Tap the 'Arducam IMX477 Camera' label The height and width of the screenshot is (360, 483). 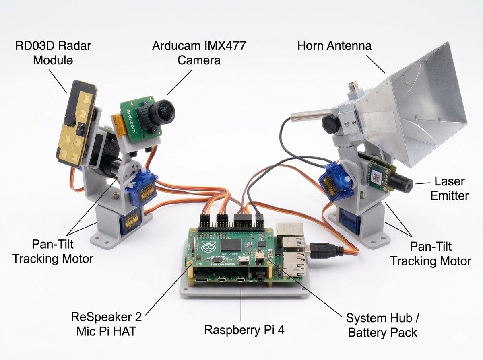click(x=199, y=53)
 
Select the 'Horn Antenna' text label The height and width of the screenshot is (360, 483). click(x=334, y=46)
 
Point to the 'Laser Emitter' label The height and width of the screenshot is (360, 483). click(x=449, y=188)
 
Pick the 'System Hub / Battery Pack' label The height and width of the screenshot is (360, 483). click(x=382, y=325)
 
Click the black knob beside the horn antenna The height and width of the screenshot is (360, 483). click(x=331, y=123)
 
